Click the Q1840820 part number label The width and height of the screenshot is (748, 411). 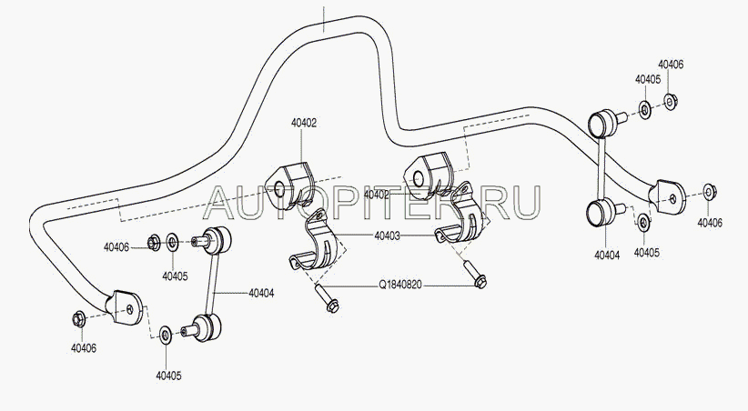pyautogui.click(x=400, y=286)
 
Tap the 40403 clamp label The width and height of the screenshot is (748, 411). pyautogui.click(x=387, y=236)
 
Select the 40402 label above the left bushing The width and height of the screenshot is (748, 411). pyautogui.click(x=304, y=123)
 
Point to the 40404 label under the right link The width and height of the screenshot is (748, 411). pyautogui.click(x=607, y=256)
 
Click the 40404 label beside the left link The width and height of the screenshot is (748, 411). pyautogui.click(x=261, y=293)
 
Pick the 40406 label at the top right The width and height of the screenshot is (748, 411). pyautogui.click(x=671, y=65)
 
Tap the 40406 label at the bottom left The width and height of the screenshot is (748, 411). pyautogui.click(x=84, y=348)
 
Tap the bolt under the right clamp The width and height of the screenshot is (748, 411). pyautogui.click(x=474, y=275)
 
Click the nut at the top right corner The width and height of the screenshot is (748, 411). pyautogui.click(x=671, y=101)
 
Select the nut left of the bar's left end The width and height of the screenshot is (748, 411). pyautogui.click(x=78, y=318)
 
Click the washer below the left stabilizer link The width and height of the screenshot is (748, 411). pyautogui.click(x=166, y=336)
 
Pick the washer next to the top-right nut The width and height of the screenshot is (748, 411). pyautogui.click(x=645, y=110)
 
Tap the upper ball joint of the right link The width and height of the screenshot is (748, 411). pyautogui.click(x=602, y=123)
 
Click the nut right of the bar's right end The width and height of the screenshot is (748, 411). pyautogui.click(x=711, y=191)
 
